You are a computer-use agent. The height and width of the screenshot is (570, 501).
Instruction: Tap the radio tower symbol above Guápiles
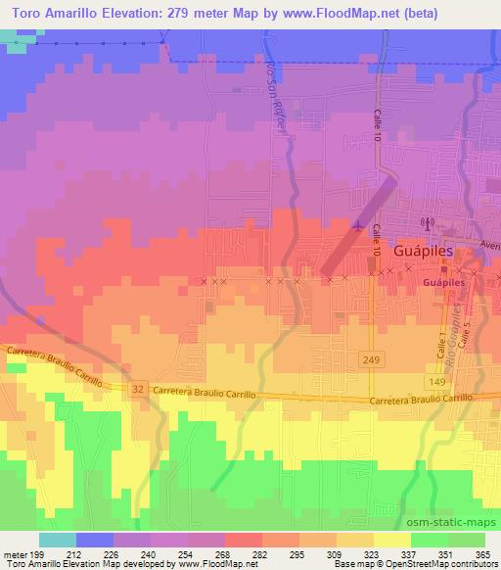tap(427, 224)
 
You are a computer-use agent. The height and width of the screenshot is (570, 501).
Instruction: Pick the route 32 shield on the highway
tap(138, 389)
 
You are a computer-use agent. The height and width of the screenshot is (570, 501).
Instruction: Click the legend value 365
tap(483, 553)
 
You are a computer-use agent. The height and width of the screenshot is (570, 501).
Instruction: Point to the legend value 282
tap(261, 553)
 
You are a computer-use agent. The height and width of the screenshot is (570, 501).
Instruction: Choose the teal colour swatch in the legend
tap(58, 540)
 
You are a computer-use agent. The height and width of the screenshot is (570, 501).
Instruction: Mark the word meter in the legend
tap(15, 553)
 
